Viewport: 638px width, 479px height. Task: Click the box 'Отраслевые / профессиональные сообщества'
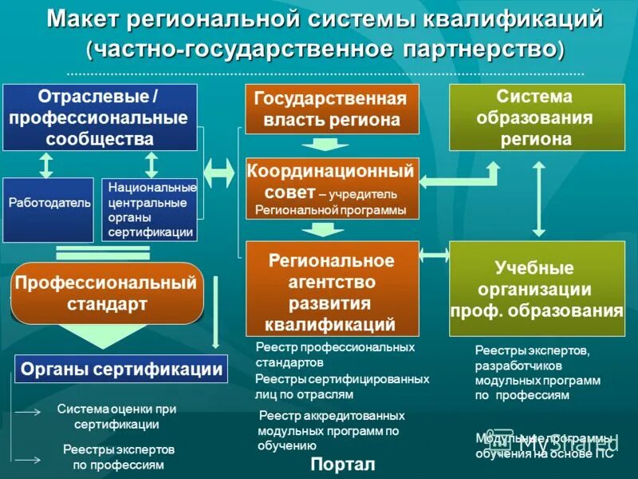point(100,117)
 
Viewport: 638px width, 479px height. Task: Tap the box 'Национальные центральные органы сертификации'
point(149,209)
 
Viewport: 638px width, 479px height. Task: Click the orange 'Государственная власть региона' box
point(332,109)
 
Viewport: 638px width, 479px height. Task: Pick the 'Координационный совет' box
point(332,188)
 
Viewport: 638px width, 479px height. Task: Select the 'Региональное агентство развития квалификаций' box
point(332,287)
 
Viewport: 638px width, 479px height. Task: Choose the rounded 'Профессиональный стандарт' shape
point(107,293)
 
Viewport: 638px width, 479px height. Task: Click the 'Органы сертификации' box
point(121,370)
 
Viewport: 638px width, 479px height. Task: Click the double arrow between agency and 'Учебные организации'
point(435,255)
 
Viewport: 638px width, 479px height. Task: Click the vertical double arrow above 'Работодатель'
point(47,164)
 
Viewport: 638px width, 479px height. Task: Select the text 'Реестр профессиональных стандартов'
point(335,354)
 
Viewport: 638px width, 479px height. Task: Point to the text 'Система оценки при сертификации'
point(117,416)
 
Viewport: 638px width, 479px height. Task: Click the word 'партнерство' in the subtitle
point(480,49)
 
